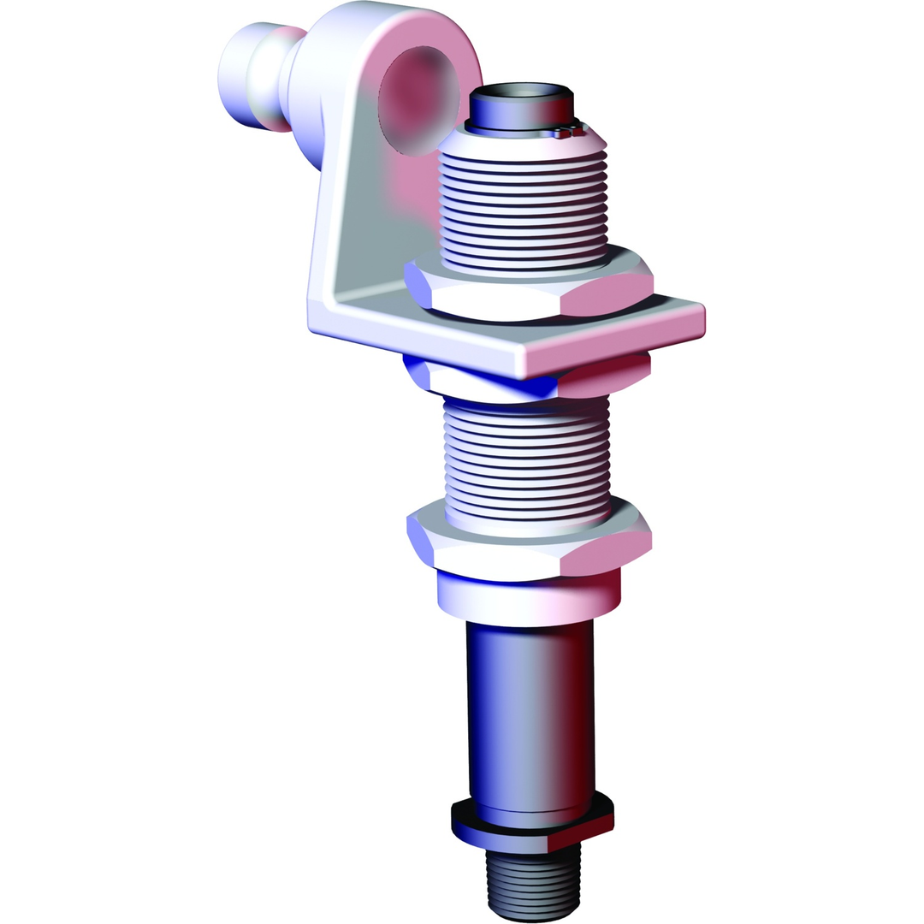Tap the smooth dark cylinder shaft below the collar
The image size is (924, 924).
point(530,710)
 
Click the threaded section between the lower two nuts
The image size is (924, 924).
point(527,458)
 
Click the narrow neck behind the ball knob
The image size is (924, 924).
point(287,81)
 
